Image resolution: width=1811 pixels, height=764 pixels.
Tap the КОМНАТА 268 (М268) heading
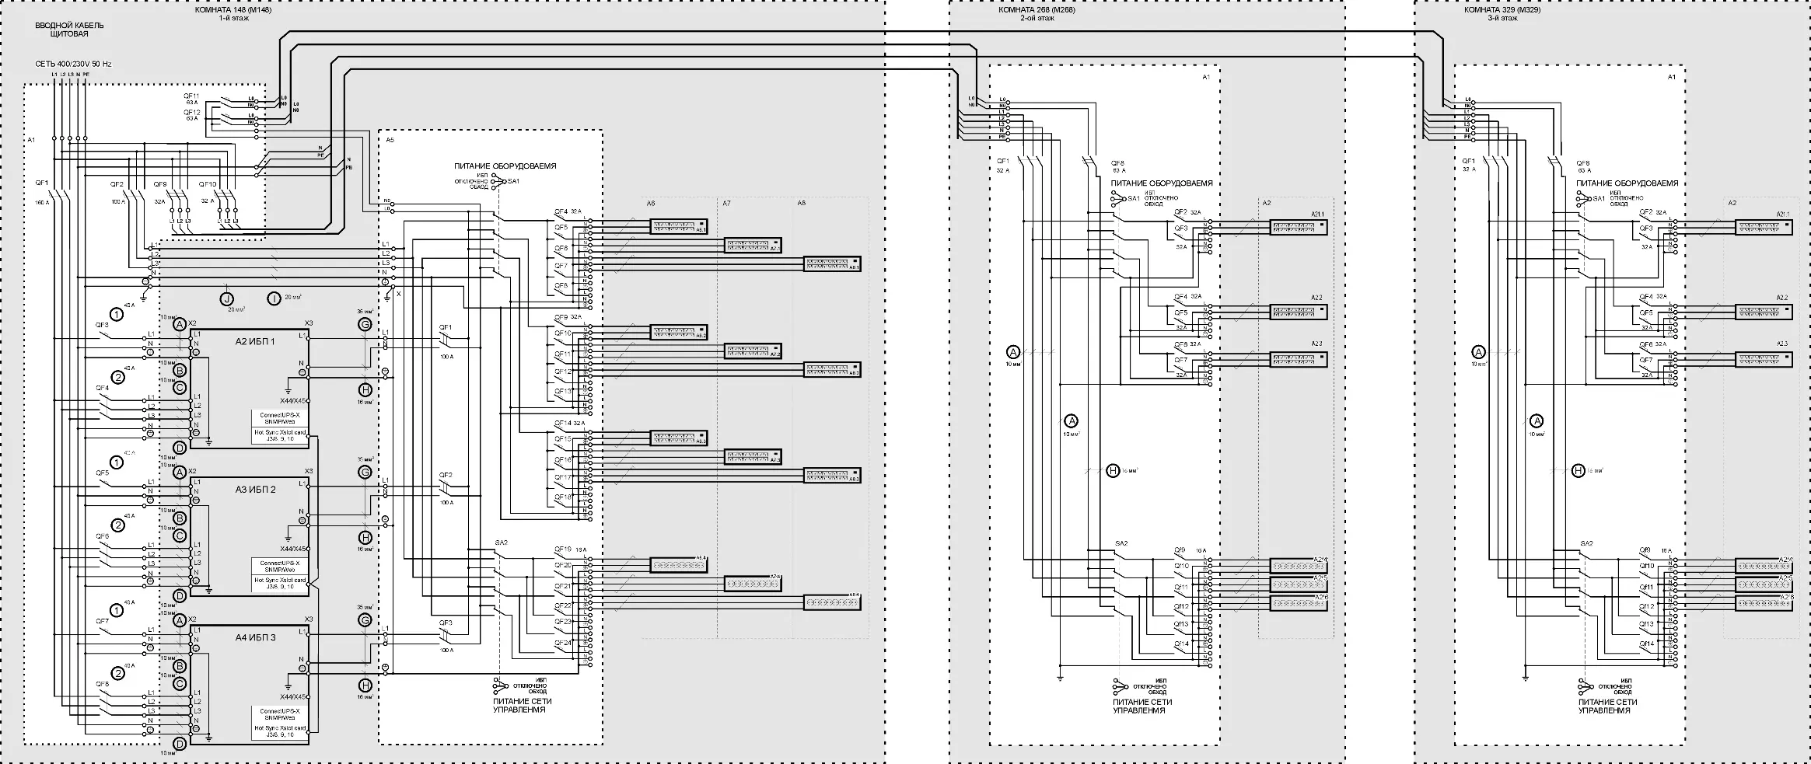(x=1037, y=10)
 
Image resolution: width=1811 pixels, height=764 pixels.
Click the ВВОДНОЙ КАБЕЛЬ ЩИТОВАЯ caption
(x=69, y=30)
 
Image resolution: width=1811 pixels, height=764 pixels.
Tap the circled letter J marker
(x=226, y=298)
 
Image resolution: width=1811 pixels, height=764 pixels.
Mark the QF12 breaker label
(x=191, y=112)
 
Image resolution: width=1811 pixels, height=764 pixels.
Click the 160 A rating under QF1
(x=41, y=202)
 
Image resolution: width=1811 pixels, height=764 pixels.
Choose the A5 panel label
(x=390, y=140)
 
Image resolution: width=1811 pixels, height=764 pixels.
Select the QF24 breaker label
(x=562, y=643)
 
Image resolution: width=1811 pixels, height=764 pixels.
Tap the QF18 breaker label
(x=562, y=496)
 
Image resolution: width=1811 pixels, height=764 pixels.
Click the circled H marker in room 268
(x=1113, y=470)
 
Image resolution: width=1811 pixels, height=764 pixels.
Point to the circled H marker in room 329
(x=1578, y=470)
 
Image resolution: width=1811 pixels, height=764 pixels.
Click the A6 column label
(x=651, y=203)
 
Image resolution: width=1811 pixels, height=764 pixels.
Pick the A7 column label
(x=726, y=203)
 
